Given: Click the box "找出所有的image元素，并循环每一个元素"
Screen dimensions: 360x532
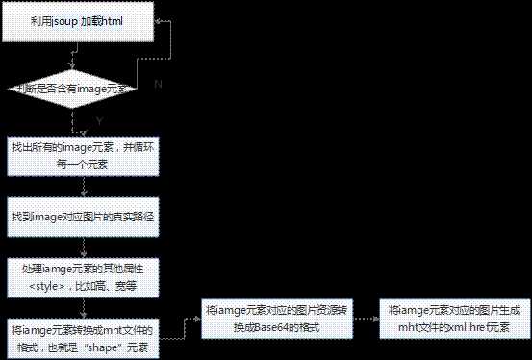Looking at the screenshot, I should pyautogui.click(x=80, y=158).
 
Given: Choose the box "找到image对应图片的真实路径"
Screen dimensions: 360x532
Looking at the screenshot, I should pyautogui.click(x=81, y=218).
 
